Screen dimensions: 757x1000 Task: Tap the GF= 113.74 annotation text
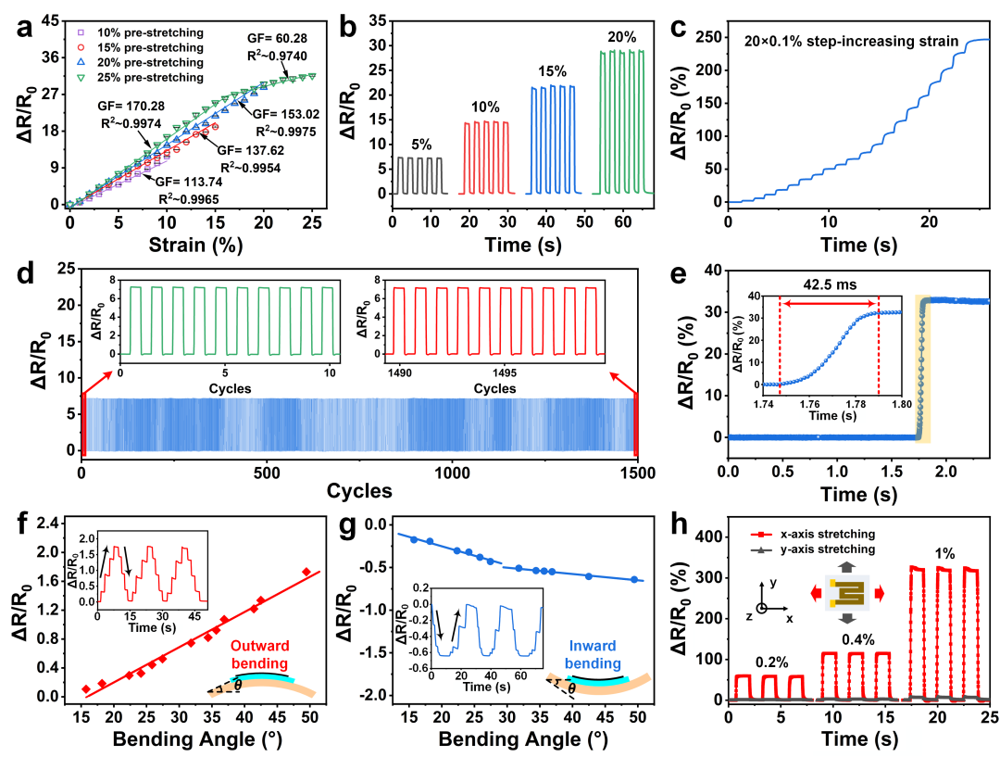[196, 183]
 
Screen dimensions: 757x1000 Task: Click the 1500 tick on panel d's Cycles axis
[636, 471]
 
